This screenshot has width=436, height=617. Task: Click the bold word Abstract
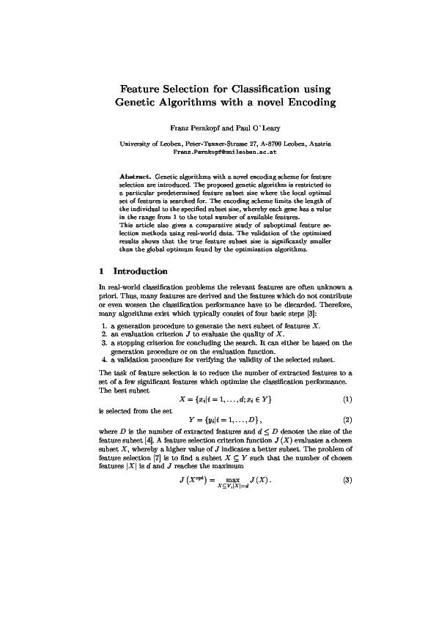pos(135,177)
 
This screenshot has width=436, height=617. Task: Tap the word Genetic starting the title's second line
pos(139,102)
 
